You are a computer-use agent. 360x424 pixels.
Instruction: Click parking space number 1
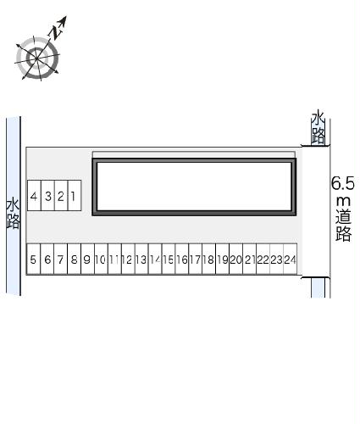(x=75, y=196)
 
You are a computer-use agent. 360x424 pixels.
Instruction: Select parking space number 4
(x=34, y=196)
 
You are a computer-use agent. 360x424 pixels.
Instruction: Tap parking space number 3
(x=47, y=196)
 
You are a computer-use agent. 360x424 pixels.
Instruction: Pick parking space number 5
(x=33, y=259)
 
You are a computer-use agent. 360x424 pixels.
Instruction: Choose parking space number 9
(x=87, y=259)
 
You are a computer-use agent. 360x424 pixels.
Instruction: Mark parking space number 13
(x=141, y=259)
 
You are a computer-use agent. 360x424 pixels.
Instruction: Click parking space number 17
(x=196, y=259)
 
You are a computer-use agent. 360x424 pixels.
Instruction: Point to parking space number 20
(x=236, y=259)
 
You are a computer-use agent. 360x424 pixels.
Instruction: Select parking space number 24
(x=291, y=259)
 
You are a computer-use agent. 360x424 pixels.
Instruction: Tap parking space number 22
(x=263, y=259)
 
